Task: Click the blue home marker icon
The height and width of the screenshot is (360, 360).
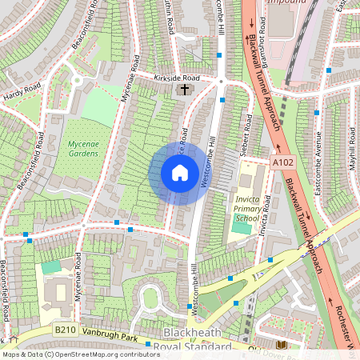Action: (180, 172)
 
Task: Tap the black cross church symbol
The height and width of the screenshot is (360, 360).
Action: (186, 90)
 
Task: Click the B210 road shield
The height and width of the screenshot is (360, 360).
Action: (66, 330)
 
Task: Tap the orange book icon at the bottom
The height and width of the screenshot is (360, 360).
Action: (280, 345)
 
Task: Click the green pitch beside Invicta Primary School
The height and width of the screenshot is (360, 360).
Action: (240, 227)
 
